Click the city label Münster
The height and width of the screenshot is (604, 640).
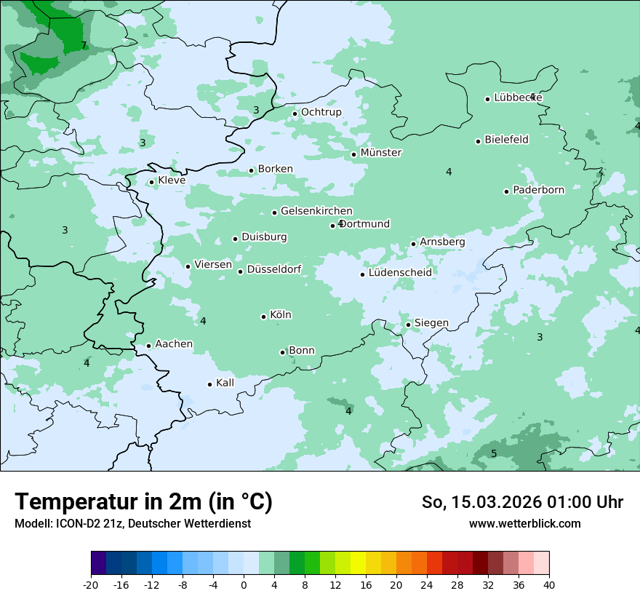(x=381, y=153)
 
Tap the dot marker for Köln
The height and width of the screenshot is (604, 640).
(x=264, y=317)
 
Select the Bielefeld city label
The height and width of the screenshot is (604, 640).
(x=506, y=140)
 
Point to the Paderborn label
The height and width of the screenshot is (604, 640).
(x=538, y=191)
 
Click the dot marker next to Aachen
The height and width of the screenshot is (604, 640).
(x=148, y=346)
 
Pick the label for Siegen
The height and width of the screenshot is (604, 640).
(x=431, y=323)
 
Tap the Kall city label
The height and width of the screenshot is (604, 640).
(x=225, y=383)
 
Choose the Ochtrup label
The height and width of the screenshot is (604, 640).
(x=321, y=112)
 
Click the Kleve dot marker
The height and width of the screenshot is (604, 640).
(x=152, y=183)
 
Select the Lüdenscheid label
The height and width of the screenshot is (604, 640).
(x=400, y=273)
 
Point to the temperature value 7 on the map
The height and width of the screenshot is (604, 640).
(x=84, y=45)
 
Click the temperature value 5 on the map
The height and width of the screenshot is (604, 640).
(x=494, y=454)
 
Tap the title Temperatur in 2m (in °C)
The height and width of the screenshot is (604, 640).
(x=143, y=501)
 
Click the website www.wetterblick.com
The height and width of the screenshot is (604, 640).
(x=524, y=523)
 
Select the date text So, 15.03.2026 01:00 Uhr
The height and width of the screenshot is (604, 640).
(x=522, y=502)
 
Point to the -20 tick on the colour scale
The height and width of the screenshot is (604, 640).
(x=91, y=584)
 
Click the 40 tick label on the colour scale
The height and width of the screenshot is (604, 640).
(x=548, y=584)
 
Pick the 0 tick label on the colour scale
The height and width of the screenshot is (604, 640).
(x=244, y=584)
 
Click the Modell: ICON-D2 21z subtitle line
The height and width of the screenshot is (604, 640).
(x=132, y=523)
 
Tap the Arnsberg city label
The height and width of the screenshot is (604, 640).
(x=442, y=242)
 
